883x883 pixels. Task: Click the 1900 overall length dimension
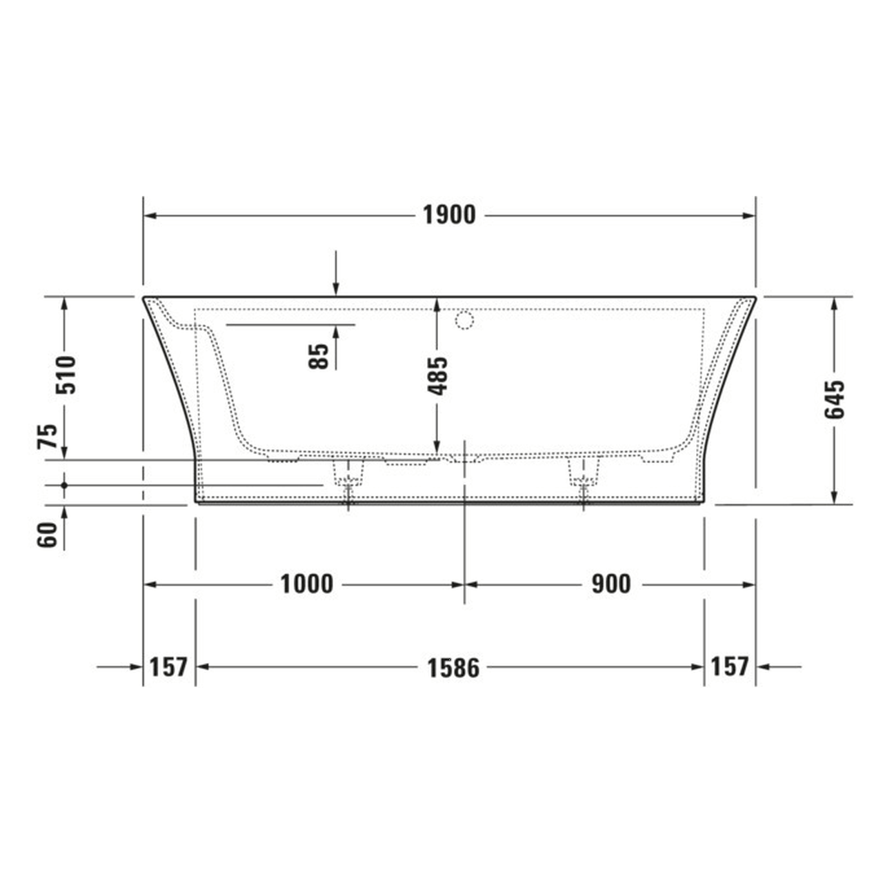point(449,215)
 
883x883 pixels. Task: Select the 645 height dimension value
point(834,399)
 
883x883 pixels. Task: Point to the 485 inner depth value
point(437,375)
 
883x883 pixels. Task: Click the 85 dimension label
point(319,357)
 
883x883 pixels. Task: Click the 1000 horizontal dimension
point(306,584)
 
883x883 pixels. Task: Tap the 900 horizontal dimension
point(611,584)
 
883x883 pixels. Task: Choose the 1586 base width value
point(453,667)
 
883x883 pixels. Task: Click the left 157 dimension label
point(168,667)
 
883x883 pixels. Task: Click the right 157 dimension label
point(729,666)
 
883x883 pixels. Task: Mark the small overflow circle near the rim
point(464,320)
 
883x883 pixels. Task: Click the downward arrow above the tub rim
point(335,288)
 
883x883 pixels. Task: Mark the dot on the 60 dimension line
point(64,486)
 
